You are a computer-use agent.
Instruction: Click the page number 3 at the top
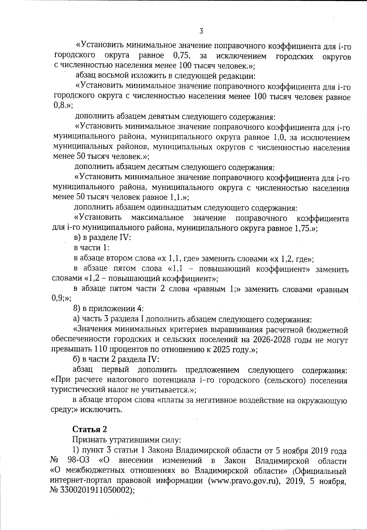pos(201,31)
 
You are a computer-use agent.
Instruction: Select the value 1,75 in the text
pos(304,228)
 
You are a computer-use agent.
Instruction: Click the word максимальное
pos(157,218)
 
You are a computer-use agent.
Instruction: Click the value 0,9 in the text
pos(57,299)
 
